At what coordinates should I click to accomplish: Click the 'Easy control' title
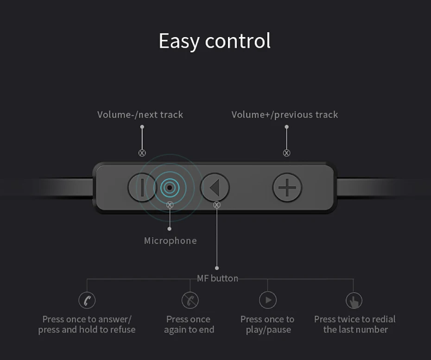tap(215, 41)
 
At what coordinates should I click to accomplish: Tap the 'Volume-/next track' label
tap(140, 114)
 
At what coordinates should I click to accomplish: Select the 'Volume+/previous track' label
tap(285, 114)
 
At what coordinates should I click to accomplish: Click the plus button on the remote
tap(287, 188)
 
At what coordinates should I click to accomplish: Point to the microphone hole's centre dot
tap(170, 188)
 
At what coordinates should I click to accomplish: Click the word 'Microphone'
tap(171, 241)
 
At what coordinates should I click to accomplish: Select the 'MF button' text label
tap(218, 278)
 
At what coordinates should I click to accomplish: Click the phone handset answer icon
tap(87, 300)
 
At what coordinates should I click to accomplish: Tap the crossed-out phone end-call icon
tap(190, 300)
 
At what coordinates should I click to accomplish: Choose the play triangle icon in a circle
tap(268, 300)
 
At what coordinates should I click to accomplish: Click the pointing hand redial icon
tap(354, 300)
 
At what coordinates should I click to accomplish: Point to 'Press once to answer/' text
tap(87, 319)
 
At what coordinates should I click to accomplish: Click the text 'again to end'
tap(189, 330)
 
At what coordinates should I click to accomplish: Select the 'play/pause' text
tap(268, 330)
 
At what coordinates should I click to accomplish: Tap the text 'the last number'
tap(355, 329)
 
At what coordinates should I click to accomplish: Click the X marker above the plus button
tap(287, 153)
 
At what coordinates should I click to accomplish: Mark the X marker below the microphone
tap(170, 205)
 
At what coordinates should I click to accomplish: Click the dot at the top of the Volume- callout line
tap(142, 126)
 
